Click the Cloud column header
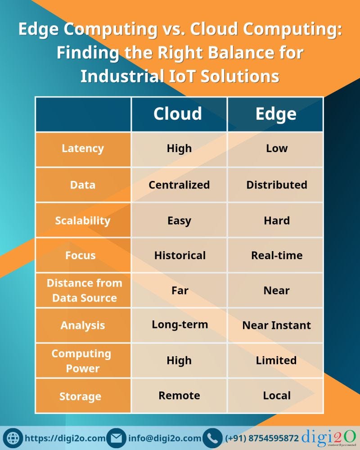pos(179,114)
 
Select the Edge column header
pos(276,114)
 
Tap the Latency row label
pos(83,148)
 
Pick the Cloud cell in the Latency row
pos(179,148)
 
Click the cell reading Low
pos(276,148)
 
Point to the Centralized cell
pos(179,184)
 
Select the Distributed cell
pos(276,184)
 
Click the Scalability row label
pos(83,220)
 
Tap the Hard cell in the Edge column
pos(276,220)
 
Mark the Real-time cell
pos(276,255)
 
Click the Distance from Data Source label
pos(84,290)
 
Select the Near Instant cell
pos(276,325)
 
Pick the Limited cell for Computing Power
pos(276,360)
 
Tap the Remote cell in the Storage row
pos(179,396)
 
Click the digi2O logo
pos(330,437)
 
